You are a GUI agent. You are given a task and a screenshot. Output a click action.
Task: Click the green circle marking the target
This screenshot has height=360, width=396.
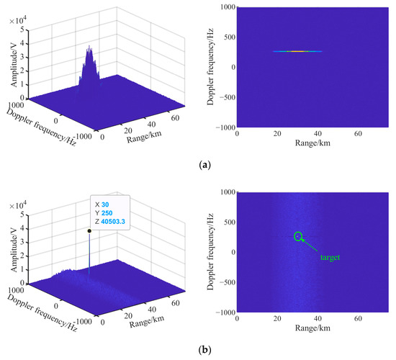298,235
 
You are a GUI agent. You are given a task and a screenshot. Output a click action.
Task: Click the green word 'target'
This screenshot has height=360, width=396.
329,256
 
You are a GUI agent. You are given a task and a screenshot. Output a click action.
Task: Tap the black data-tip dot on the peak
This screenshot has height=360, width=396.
89,231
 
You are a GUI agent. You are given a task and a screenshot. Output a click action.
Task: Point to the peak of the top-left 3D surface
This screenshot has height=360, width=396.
89,48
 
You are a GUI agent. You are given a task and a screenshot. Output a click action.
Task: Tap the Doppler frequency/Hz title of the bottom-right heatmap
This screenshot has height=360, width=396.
212,252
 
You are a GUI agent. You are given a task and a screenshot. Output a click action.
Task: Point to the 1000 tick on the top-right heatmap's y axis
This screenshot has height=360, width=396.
230,6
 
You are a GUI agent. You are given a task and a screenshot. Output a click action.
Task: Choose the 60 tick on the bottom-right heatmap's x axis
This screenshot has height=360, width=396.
357,320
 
